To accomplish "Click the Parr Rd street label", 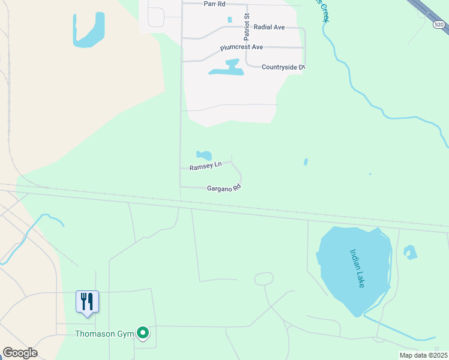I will [x=214, y=4].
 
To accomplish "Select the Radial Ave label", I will [x=269, y=27].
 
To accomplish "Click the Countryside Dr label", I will [x=283, y=67].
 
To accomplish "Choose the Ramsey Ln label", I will [x=206, y=167].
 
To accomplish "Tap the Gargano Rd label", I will [x=223, y=188].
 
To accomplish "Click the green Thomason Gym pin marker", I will [x=143, y=332].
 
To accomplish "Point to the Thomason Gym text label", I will [x=104, y=334].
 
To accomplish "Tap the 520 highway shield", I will [x=439, y=24].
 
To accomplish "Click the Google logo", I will [x=20, y=353].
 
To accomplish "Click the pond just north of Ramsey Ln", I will [x=204, y=155].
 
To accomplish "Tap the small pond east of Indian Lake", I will [x=410, y=252].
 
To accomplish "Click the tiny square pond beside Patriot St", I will [x=229, y=20].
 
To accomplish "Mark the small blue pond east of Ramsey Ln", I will [x=306, y=162].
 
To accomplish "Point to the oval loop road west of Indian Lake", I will [x=264, y=278].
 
